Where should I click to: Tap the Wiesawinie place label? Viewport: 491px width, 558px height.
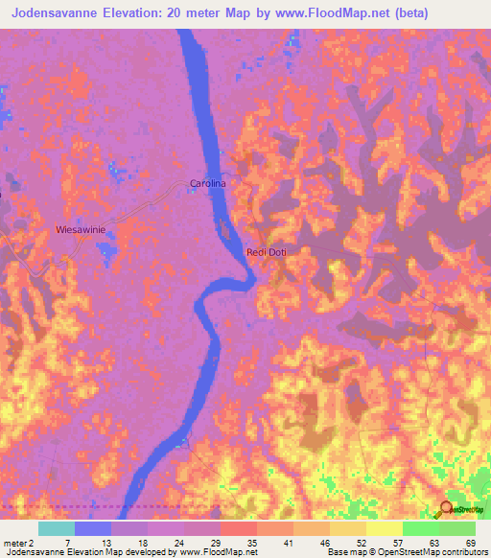[x=81, y=230]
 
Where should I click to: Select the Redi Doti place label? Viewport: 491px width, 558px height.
[x=267, y=252]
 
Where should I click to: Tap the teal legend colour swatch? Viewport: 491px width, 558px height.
[x=57, y=528]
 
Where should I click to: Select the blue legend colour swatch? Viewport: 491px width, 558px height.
[x=93, y=528]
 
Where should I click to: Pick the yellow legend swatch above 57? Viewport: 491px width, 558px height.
[x=384, y=528]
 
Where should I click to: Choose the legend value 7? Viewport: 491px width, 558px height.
[x=66, y=543]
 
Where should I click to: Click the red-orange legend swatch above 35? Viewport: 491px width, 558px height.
[x=239, y=528]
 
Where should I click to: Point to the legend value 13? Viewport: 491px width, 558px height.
[x=103, y=543]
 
